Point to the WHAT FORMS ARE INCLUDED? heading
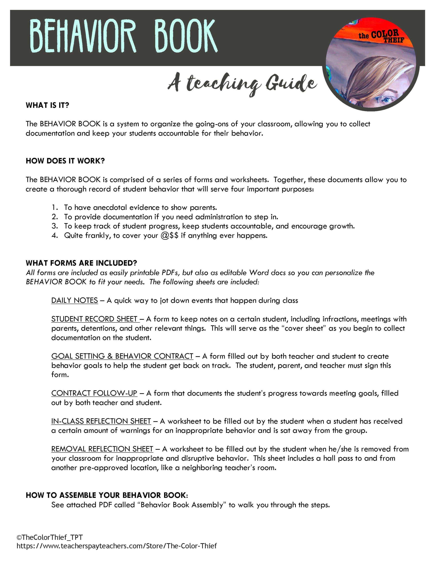click(x=81, y=263)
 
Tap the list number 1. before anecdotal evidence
click(x=55, y=207)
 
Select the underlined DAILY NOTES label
click(x=74, y=300)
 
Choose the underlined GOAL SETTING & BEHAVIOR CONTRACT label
click(x=122, y=356)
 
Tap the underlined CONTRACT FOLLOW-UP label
click(x=94, y=393)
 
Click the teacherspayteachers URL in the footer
click(x=116, y=546)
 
